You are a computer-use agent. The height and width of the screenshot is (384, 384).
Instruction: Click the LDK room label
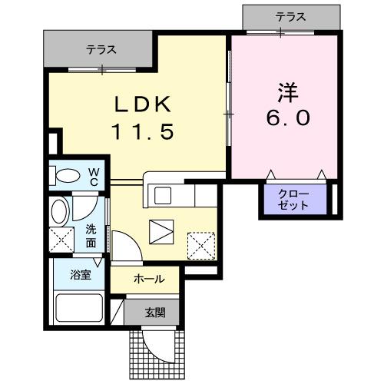[140, 104]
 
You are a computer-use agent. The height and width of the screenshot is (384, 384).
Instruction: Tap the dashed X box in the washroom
[59, 240]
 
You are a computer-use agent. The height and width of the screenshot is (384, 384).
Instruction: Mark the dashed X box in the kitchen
[201, 247]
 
